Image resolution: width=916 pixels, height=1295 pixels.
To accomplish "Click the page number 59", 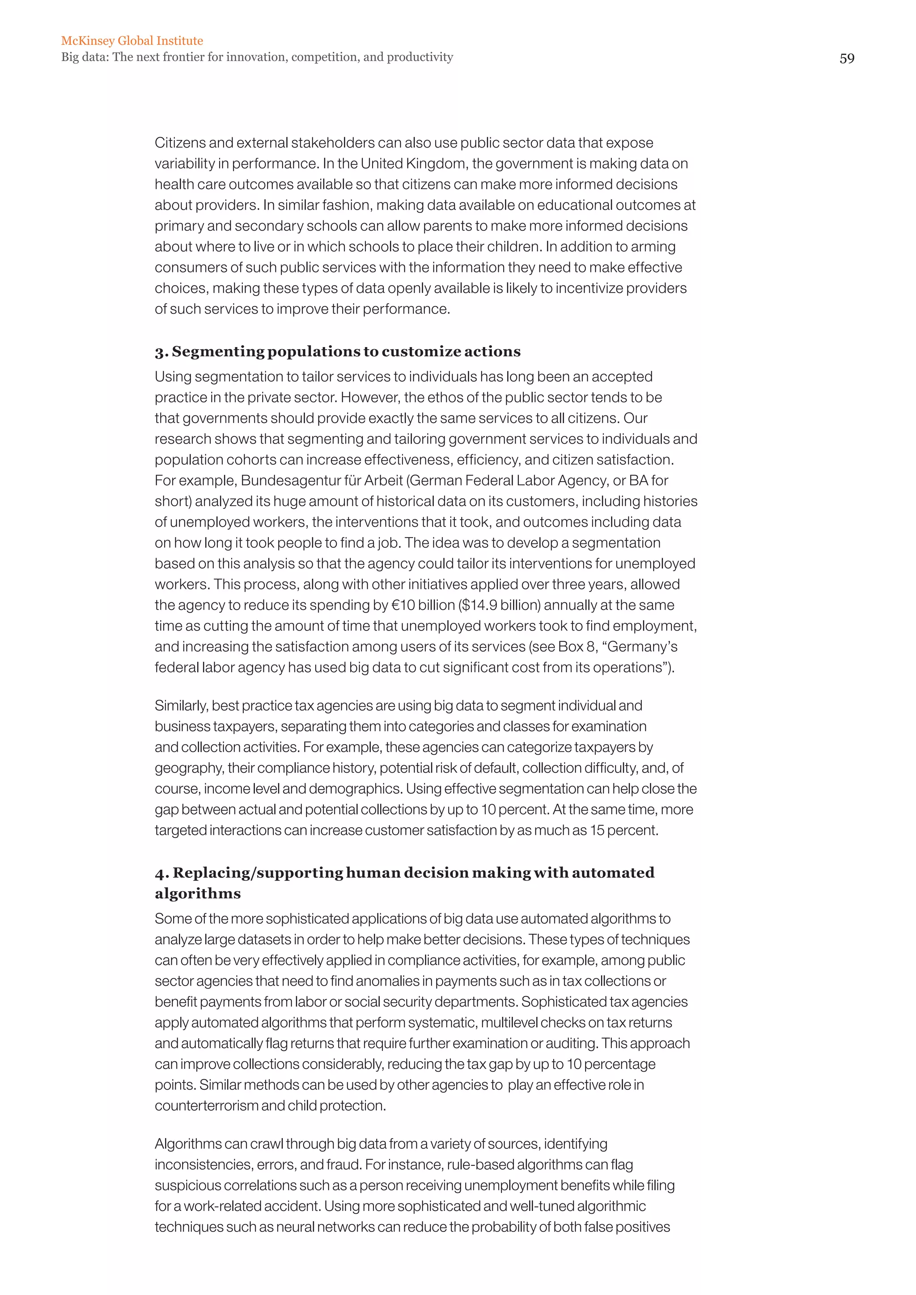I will coord(847,59).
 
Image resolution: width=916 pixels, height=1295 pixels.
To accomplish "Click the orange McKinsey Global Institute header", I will coord(132,41).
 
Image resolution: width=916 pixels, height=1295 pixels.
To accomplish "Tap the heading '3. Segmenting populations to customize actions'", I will coord(337,351).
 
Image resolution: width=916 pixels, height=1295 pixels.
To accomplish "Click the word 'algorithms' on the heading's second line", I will coord(197,893).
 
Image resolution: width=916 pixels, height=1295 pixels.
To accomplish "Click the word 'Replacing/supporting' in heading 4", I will coord(258,872).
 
